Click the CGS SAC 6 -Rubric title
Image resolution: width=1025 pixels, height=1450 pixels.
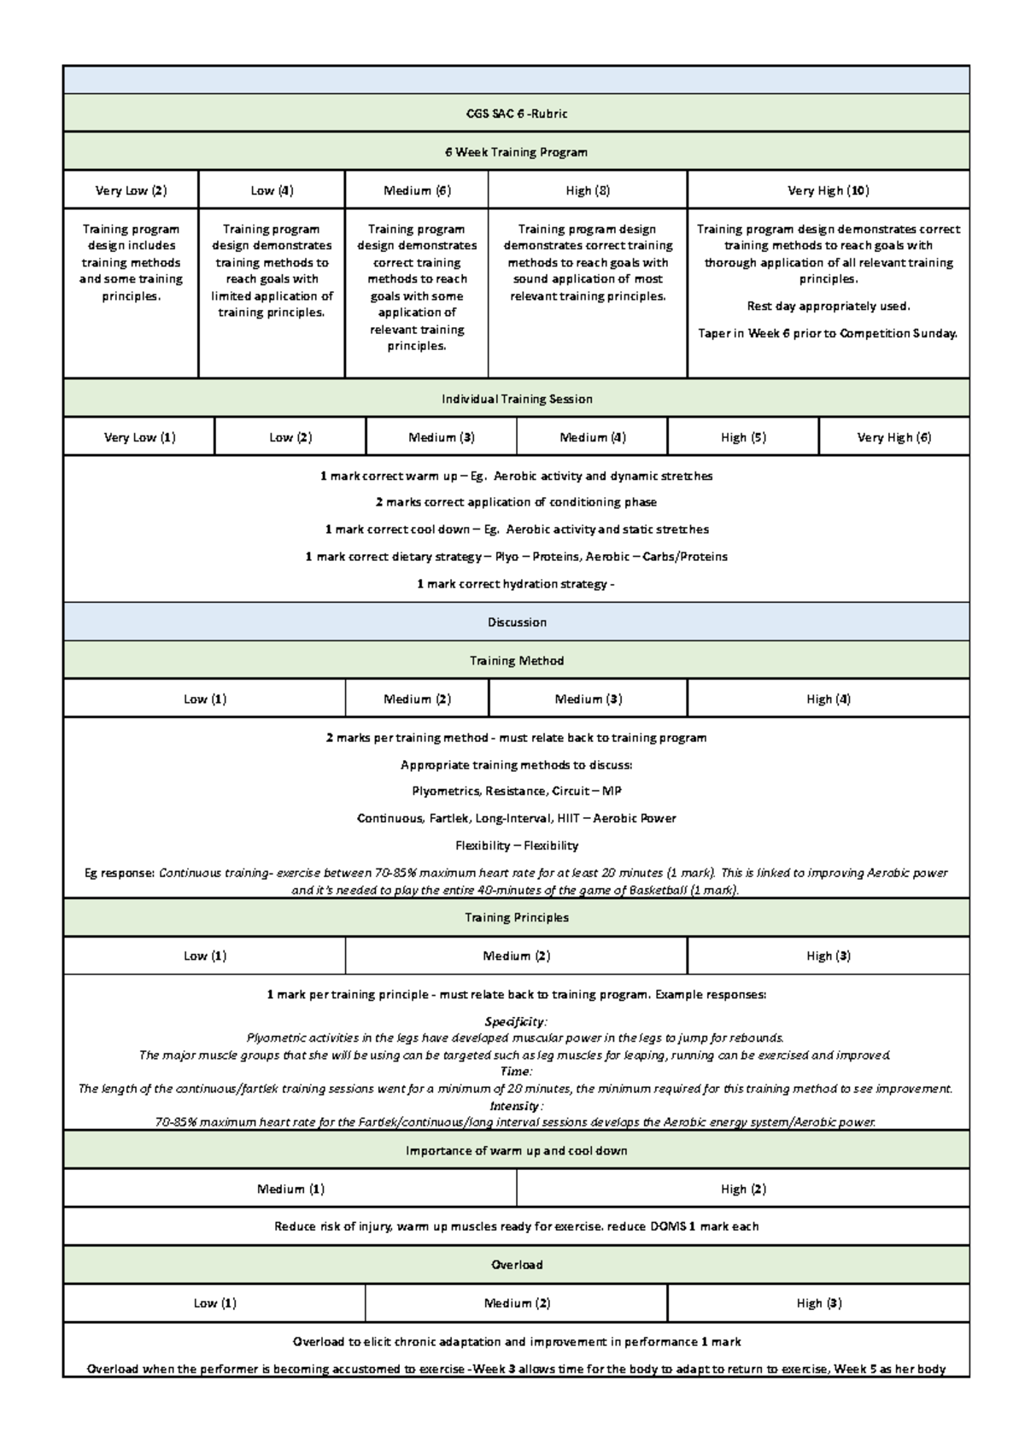[x=516, y=114]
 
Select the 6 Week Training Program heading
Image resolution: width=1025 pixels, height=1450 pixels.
[x=516, y=152]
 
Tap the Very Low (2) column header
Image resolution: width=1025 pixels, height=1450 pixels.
[x=131, y=190]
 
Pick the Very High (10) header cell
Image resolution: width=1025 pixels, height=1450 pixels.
[x=828, y=190]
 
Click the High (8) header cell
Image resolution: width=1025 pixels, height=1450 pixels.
[x=588, y=190]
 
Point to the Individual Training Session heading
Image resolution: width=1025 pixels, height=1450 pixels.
[x=516, y=399]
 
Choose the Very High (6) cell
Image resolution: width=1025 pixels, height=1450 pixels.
[x=893, y=437]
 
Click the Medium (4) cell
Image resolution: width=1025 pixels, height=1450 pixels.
[x=592, y=437]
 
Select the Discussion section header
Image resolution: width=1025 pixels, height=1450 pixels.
[x=516, y=623]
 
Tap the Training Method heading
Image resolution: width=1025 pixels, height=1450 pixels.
[x=516, y=661]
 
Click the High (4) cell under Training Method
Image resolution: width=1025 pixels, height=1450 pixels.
[x=828, y=699]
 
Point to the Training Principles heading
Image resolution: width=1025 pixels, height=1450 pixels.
[x=516, y=918]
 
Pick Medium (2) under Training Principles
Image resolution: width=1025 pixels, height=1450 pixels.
[x=516, y=956]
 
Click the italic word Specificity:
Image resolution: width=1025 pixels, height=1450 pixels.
[x=516, y=1022]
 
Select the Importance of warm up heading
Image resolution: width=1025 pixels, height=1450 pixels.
[x=516, y=1151]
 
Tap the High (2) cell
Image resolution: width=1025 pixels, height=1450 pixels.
[x=742, y=1189]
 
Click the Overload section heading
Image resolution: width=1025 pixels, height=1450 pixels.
[x=516, y=1265]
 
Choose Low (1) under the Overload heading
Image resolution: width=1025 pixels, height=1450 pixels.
[x=214, y=1303]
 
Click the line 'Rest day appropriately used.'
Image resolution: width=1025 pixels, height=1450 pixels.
[x=828, y=307]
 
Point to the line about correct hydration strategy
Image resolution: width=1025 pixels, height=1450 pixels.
[x=516, y=584]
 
